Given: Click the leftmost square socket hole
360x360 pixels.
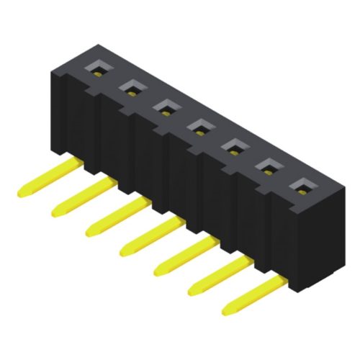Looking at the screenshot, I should (97, 69).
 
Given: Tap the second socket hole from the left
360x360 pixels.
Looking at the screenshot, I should (131, 89).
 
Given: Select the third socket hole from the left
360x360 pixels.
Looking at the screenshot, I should (165, 108).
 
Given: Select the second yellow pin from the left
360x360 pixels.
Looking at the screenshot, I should (79, 197).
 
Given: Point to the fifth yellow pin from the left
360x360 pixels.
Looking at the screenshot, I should (184, 256).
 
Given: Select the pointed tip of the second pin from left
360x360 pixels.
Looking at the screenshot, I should (55, 213).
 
